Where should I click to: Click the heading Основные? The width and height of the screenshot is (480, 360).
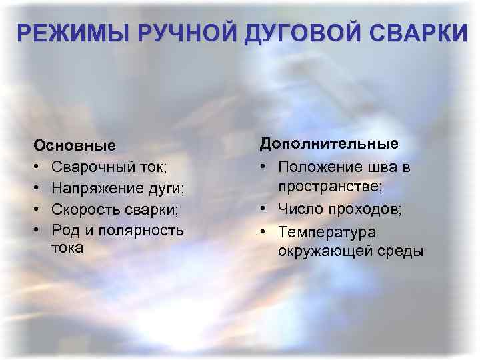pyautogui.click(x=75, y=145)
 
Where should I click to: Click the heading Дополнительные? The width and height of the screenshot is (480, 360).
pyautogui.click(x=329, y=144)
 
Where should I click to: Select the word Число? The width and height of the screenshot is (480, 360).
pyautogui.click(x=300, y=210)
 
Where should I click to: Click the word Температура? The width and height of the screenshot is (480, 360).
pyautogui.click(x=327, y=232)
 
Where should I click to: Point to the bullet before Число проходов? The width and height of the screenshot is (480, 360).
pyautogui.click(x=265, y=210)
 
